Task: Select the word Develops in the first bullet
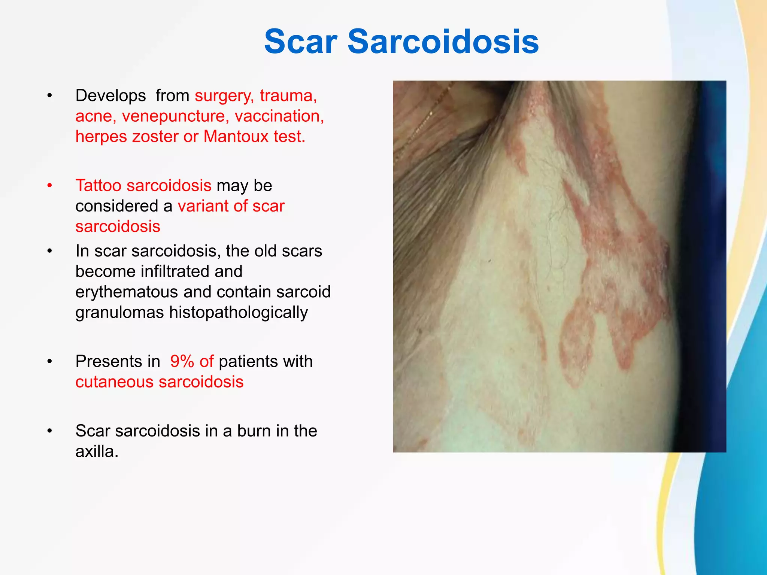(x=110, y=96)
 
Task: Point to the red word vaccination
(x=279, y=116)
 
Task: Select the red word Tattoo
(x=98, y=186)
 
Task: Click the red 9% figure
(x=182, y=362)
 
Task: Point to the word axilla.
(x=96, y=451)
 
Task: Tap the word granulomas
(x=119, y=313)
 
